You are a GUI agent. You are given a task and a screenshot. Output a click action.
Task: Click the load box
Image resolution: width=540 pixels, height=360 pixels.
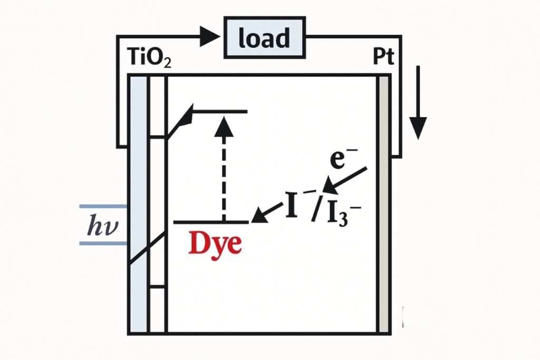click(x=265, y=38)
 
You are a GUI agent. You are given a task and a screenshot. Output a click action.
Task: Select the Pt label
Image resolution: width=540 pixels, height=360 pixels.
click(x=383, y=57)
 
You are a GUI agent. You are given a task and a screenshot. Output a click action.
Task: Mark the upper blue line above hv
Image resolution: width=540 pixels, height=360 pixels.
click(x=103, y=206)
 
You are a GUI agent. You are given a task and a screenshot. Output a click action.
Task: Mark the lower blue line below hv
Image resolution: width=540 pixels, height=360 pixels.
click(x=103, y=243)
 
